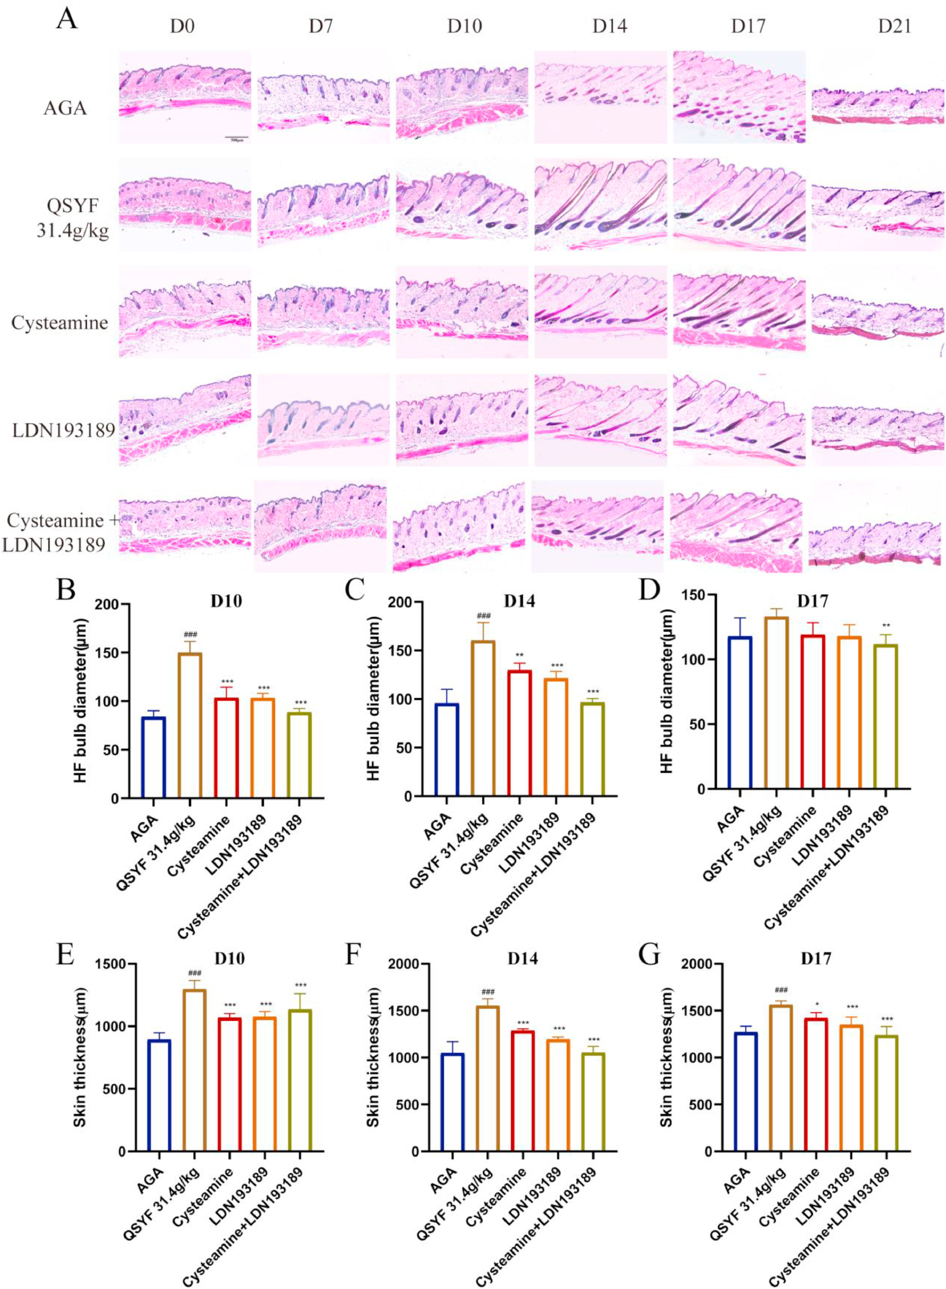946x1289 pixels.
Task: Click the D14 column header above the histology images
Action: (609, 26)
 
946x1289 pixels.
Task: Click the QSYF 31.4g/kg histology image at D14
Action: (601, 205)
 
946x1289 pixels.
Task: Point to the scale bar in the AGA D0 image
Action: (236, 138)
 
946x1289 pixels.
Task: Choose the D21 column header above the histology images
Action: (895, 26)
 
